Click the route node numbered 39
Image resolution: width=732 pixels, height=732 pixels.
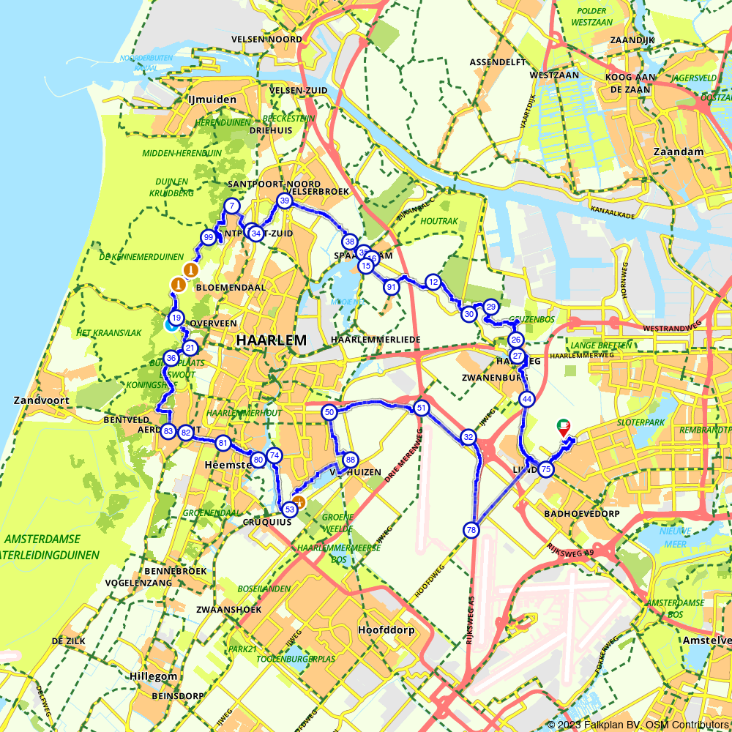285,201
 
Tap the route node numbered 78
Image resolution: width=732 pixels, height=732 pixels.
471,529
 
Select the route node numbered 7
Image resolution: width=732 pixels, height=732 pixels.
231,206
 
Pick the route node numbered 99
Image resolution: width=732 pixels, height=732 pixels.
209,237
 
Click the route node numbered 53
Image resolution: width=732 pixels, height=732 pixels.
289,508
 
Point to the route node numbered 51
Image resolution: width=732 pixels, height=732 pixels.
421,408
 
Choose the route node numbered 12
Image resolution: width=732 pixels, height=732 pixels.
433,282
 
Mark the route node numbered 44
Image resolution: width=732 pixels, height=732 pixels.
526,399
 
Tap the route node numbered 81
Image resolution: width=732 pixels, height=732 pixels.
223,443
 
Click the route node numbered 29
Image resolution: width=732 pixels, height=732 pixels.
490,307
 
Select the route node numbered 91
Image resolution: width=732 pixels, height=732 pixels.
392,287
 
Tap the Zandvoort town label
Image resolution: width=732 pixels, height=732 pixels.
42,400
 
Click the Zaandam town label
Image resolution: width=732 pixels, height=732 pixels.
681,152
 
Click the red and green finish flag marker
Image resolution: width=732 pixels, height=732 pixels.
563,427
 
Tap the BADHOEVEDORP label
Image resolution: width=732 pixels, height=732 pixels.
583,514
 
